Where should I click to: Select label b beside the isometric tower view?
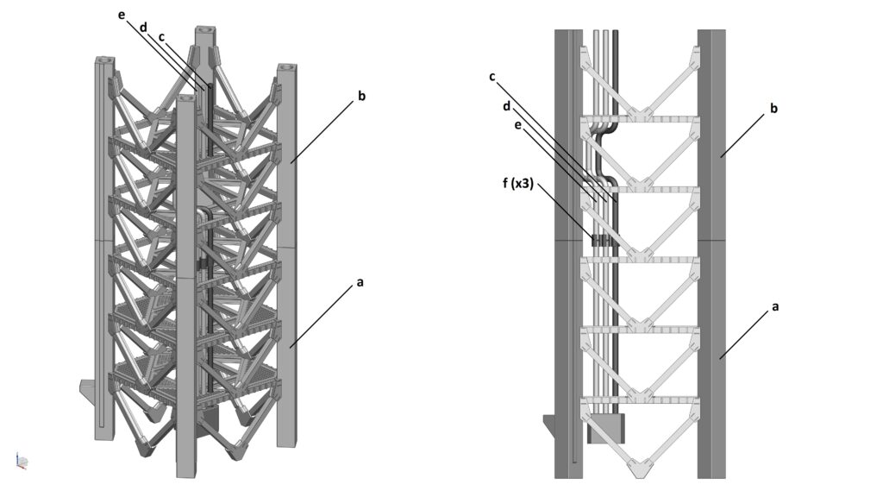pyautogui.click(x=361, y=96)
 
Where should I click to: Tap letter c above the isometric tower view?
pyautogui.click(x=162, y=38)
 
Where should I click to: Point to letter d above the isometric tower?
pyautogui.click(x=144, y=28)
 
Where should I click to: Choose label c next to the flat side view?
pyautogui.click(x=492, y=76)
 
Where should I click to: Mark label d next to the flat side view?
pyautogui.click(x=508, y=107)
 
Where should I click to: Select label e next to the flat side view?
pyautogui.click(x=517, y=125)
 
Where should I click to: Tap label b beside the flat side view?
pyautogui.click(x=773, y=109)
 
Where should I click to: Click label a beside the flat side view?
pyautogui.click(x=773, y=305)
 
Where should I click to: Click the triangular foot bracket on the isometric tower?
pyautogui.click(x=87, y=392)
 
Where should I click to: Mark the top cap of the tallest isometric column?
pyautogui.click(x=205, y=34)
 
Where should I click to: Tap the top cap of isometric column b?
pyautogui.click(x=286, y=68)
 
